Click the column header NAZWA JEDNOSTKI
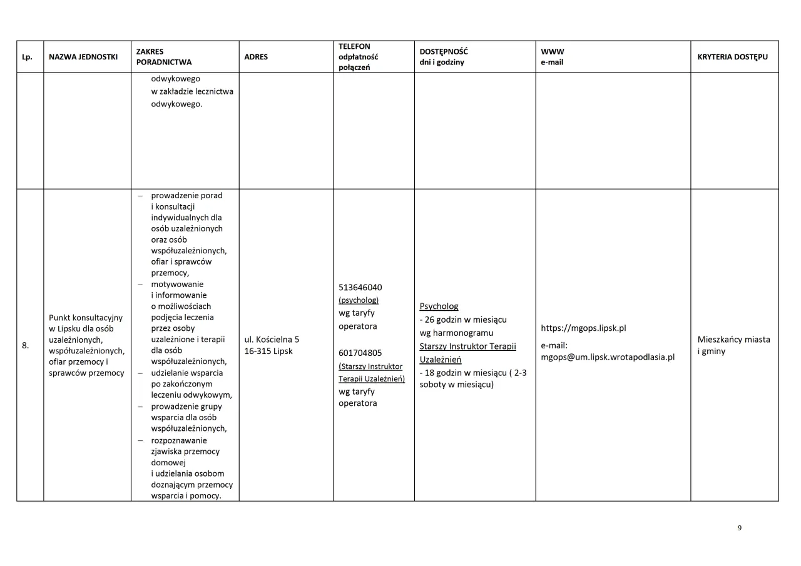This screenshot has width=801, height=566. [x=83, y=57]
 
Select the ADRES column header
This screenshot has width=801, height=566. [x=256, y=57]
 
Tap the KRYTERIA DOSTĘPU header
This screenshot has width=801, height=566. [x=732, y=57]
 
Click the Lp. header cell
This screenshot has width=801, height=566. [x=27, y=57]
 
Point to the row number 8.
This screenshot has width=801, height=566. [x=26, y=345]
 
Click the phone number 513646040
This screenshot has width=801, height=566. [x=360, y=287]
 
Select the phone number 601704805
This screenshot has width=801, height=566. [x=360, y=353]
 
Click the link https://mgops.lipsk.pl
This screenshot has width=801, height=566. [x=583, y=328]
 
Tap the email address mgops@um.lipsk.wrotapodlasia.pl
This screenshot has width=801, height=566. [x=608, y=357]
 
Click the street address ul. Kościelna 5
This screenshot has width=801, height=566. [x=272, y=339]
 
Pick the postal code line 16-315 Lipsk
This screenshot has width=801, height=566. [x=268, y=351]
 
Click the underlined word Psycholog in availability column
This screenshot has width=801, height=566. [x=439, y=306]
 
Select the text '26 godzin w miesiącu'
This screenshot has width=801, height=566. [x=466, y=320]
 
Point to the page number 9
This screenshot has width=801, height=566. [x=739, y=528]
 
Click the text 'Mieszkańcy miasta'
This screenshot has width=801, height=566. [x=733, y=339]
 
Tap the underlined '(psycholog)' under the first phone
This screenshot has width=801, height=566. [x=359, y=300]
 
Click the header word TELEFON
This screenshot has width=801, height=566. [x=354, y=46]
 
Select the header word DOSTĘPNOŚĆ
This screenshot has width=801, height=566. [x=444, y=51]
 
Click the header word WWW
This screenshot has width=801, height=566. [x=552, y=51]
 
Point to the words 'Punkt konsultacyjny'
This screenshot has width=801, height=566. [x=86, y=318]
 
